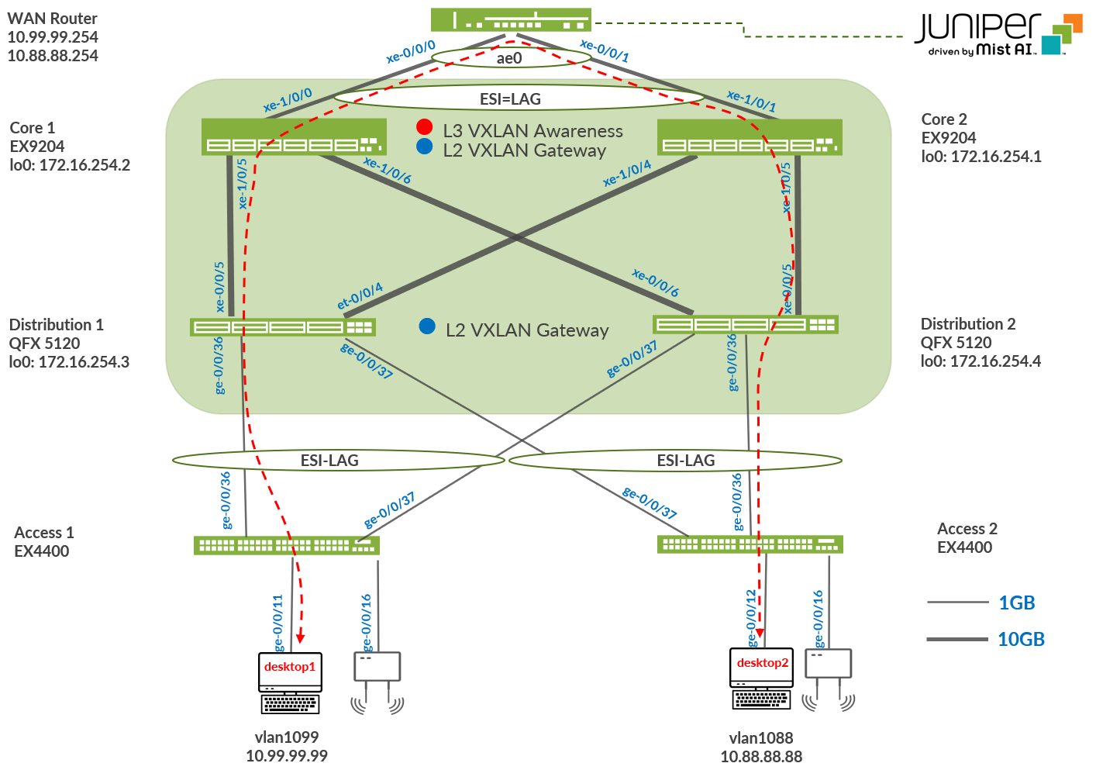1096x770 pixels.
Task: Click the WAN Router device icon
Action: (511, 20)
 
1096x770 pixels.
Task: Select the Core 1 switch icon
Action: (294, 137)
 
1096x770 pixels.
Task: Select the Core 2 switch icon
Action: (750, 137)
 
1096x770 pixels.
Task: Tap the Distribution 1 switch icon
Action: (282, 326)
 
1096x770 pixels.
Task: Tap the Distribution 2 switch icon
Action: (745, 324)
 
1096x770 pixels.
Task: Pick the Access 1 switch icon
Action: (286, 545)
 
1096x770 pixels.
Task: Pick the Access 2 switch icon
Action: (750, 544)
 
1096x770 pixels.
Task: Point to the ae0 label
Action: (509, 58)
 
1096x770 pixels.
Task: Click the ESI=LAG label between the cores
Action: (510, 99)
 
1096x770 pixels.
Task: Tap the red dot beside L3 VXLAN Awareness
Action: (424, 127)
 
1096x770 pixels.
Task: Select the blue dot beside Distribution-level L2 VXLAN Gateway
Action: (427, 326)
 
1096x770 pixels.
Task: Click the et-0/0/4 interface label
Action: (360, 295)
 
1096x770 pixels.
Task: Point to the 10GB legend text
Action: (1021, 640)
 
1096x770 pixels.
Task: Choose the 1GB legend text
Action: (1016, 603)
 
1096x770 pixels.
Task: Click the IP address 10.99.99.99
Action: (287, 755)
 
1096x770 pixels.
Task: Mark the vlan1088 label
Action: (761, 737)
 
